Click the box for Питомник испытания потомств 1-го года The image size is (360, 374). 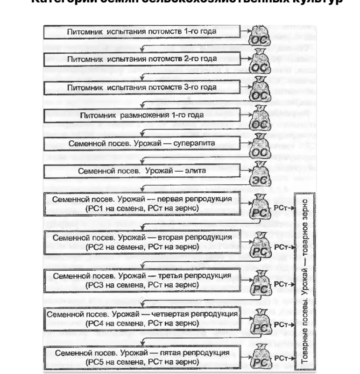(142, 31)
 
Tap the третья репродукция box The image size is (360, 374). (142, 279)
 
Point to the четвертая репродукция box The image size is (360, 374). (142, 317)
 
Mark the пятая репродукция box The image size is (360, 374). (142, 356)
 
